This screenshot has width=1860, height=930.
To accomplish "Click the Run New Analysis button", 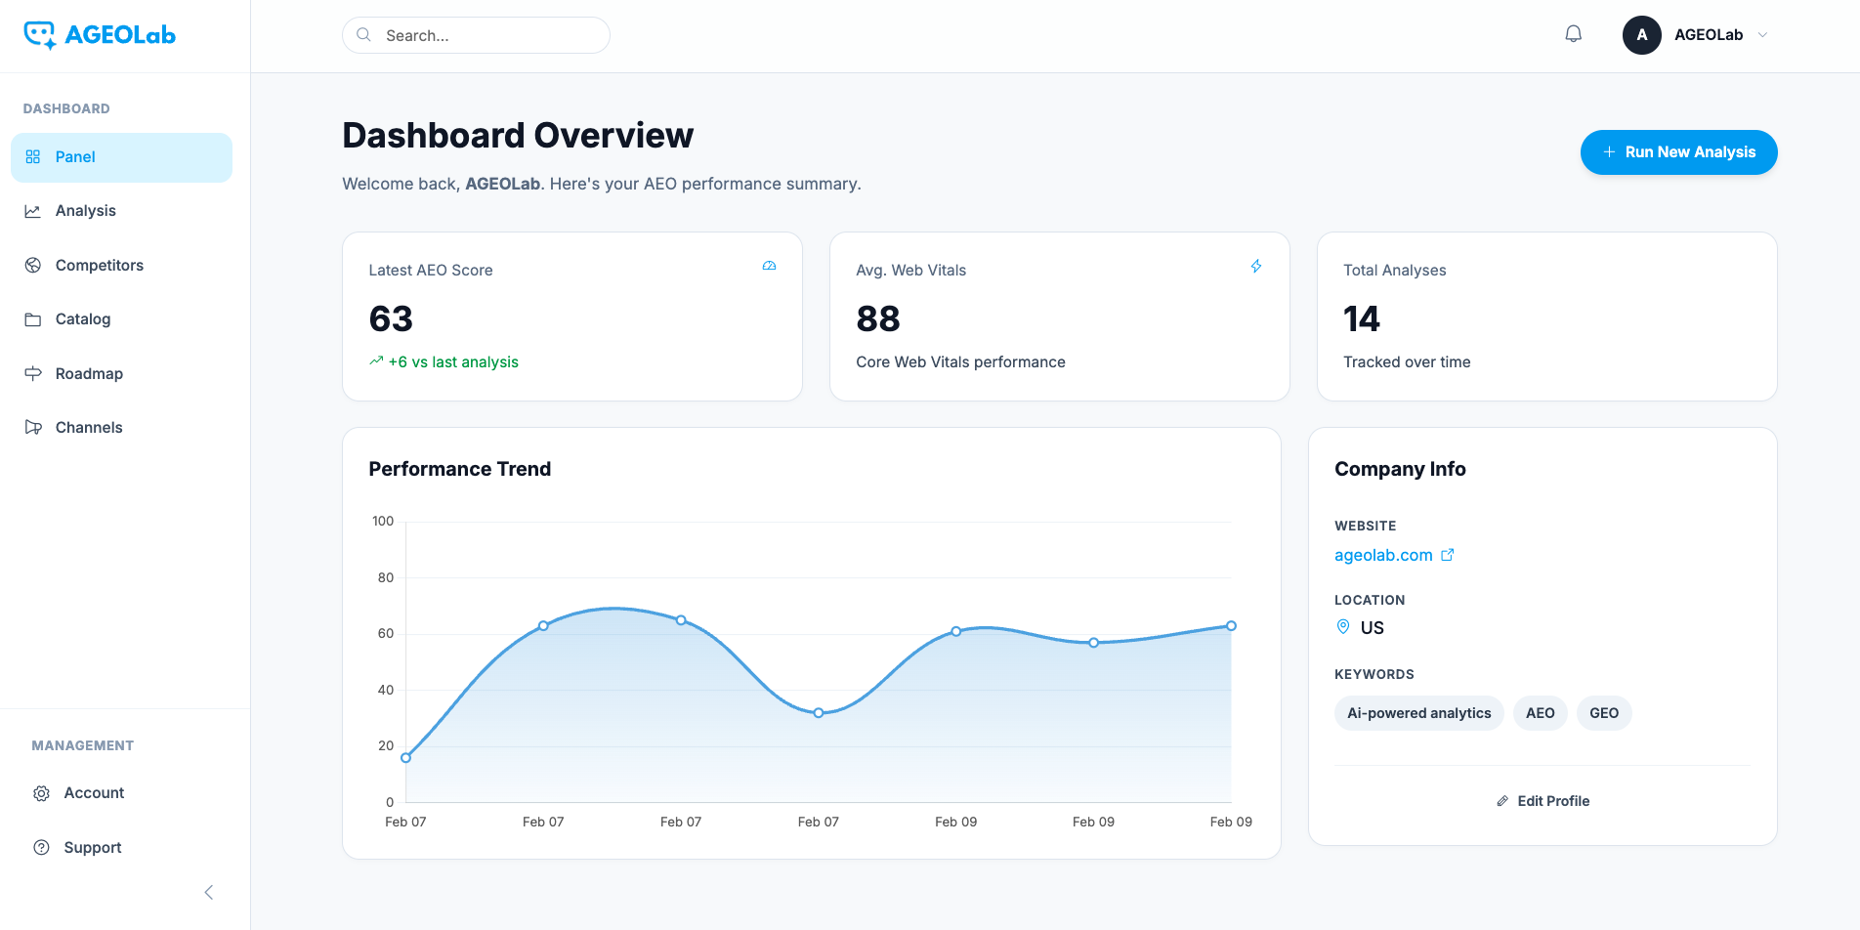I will tap(1678, 152).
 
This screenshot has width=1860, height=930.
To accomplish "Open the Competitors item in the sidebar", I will tap(99, 266).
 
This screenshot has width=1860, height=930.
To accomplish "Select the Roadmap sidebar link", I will tap(89, 374).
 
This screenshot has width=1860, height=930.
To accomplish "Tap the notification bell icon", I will tap(1573, 35).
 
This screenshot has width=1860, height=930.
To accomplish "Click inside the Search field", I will tap(488, 35).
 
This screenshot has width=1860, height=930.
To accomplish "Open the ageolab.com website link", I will tap(1383, 556).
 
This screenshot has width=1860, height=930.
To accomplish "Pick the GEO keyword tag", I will tap(1603, 713).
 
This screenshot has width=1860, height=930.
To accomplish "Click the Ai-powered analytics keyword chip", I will tap(1418, 713).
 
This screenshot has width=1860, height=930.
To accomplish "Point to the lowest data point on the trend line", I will tap(406, 757).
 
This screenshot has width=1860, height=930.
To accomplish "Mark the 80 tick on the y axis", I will tap(386, 578).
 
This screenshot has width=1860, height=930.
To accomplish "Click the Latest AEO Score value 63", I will tap(391, 319).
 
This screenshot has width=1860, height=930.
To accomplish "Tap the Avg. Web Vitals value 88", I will tap(877, 319).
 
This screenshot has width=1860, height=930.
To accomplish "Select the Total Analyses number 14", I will tap(1361, 319).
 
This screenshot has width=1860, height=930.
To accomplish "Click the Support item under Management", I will tap(92, 848).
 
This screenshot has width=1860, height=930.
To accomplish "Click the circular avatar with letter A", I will tap(1641, 35).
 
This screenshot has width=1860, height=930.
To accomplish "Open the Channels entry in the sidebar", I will tap(89, 428).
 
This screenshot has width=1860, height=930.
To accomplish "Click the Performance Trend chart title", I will tap(459, 470).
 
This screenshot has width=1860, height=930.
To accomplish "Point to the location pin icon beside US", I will tap(1343, 627).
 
